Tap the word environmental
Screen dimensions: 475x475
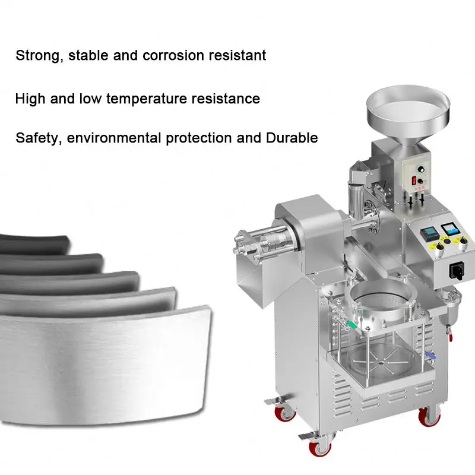pyautogui.click(x=115, y=138)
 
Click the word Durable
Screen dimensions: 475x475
pyautogui.click(x=292, y=138)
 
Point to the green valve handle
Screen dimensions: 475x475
pyautogui.click(x=353, y=325)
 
